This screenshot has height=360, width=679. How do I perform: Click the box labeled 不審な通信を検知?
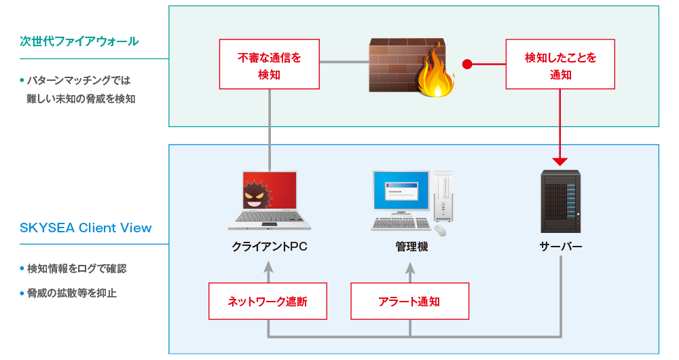pyautogui.click(x=270, y=64)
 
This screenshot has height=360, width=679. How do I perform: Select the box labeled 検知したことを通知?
pyautogui.click(x=560, y=64)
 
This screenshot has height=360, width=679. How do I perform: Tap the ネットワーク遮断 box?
pyautogui.click(x=268, y=302)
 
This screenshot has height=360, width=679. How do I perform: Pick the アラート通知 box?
pyautogui.click(x=409, y=302)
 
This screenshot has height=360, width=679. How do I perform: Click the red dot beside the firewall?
pyautogui.click(x=467, y=64)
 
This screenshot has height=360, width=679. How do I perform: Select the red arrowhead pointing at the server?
pyautogui.click(x=560, y=162)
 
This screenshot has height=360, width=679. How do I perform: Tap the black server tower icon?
pyautogui.click(x=560, y=201)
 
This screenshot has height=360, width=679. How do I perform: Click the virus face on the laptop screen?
pyautogui.click(x=257, y=194)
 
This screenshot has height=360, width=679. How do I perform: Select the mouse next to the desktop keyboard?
pyautogui.click(x=441, y=230)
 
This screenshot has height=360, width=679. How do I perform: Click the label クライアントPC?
pyautogui.click(x=270, y=247)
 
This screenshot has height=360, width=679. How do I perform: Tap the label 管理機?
pyautogui.click(x=411, y=247)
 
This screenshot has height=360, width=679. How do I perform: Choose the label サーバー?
pyautogui.click(x=560, y=247)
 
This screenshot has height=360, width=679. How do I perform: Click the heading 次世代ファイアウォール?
pyautogui.click(x=79, y=41)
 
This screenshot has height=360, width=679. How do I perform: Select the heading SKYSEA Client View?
pyautogui.click(x=86, y=228)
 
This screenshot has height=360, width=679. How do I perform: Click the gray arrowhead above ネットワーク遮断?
pyautogui.click(x=268, y=266)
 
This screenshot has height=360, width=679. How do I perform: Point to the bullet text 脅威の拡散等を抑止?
pyautogui.click(x=72, y=293)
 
